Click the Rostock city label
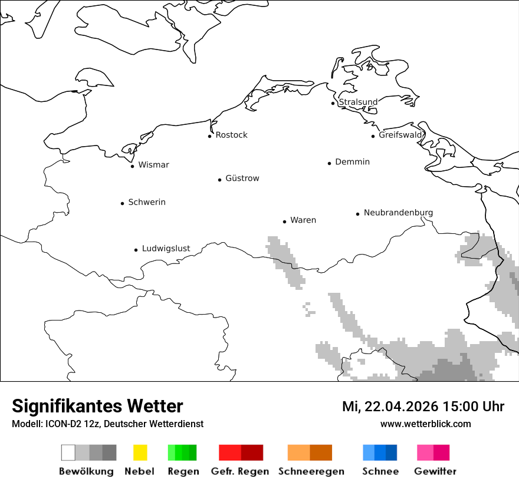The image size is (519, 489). pyautogui.click(x=231, y=135)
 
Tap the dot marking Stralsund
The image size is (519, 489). pyautogui.click(x=333, y=104)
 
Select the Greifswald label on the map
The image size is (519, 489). pyautogui.click(x=401, y=135)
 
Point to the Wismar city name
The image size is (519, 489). pyautogui.click(x=153, y=165)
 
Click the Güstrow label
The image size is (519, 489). pyautogui.click(x=242, y=179)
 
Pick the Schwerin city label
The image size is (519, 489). pyautogui.click(x=147, y=202)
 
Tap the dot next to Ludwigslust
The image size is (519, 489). pyautogui.click(x=136, y=250)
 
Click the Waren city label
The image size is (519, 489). pyautogui.click(x=303, y=220)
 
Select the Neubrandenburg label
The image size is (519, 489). pyautogui.click(x=398, y=213)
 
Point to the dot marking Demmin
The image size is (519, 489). pyautogui.click(x=330, y=163)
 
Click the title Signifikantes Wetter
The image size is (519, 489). pyautogui.click(x=97, y=407)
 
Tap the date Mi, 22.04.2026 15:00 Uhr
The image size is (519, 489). pyautogui.click(x=423, y=407)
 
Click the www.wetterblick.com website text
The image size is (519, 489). pyautogui.click(x=425, y=424)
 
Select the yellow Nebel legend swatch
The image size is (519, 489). pyautogui.click(x=140, y=452)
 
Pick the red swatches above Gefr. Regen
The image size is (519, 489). pyautogui.click(x=241, y=452)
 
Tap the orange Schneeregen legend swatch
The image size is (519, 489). pyautogui.click(x=310, y=452)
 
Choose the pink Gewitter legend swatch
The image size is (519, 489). pyautogui.click(x=433, y=452)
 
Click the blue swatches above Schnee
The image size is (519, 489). pyautogui.click(x=380, y=452)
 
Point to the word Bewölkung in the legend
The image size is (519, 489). pyautogui.click(x=86, y=471)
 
